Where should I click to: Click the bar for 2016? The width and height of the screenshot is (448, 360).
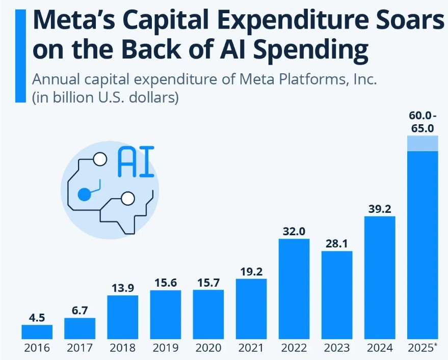tap(37, 331)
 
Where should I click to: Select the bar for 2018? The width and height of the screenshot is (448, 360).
tap(122, 317)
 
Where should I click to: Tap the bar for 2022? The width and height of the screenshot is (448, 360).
tap(294, 288)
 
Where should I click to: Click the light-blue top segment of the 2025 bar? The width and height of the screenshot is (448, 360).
tap(423, 143)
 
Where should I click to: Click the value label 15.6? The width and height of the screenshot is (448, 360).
tap(165, 283)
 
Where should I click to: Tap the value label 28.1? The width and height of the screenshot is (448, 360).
tap(337, 243)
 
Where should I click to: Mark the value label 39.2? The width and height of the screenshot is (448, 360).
tap(380, 209)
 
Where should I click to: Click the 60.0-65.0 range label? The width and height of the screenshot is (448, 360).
tap(422, 121)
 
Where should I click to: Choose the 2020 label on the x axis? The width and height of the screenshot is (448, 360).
tap(208, 348)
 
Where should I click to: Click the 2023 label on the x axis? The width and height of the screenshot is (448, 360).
tap(337, 348)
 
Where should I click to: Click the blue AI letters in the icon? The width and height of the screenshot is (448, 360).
tap(136, 162)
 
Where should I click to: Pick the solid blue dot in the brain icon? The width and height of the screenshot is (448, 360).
tap(84, 194)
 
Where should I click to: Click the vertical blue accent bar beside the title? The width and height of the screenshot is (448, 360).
tap(20, 55)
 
